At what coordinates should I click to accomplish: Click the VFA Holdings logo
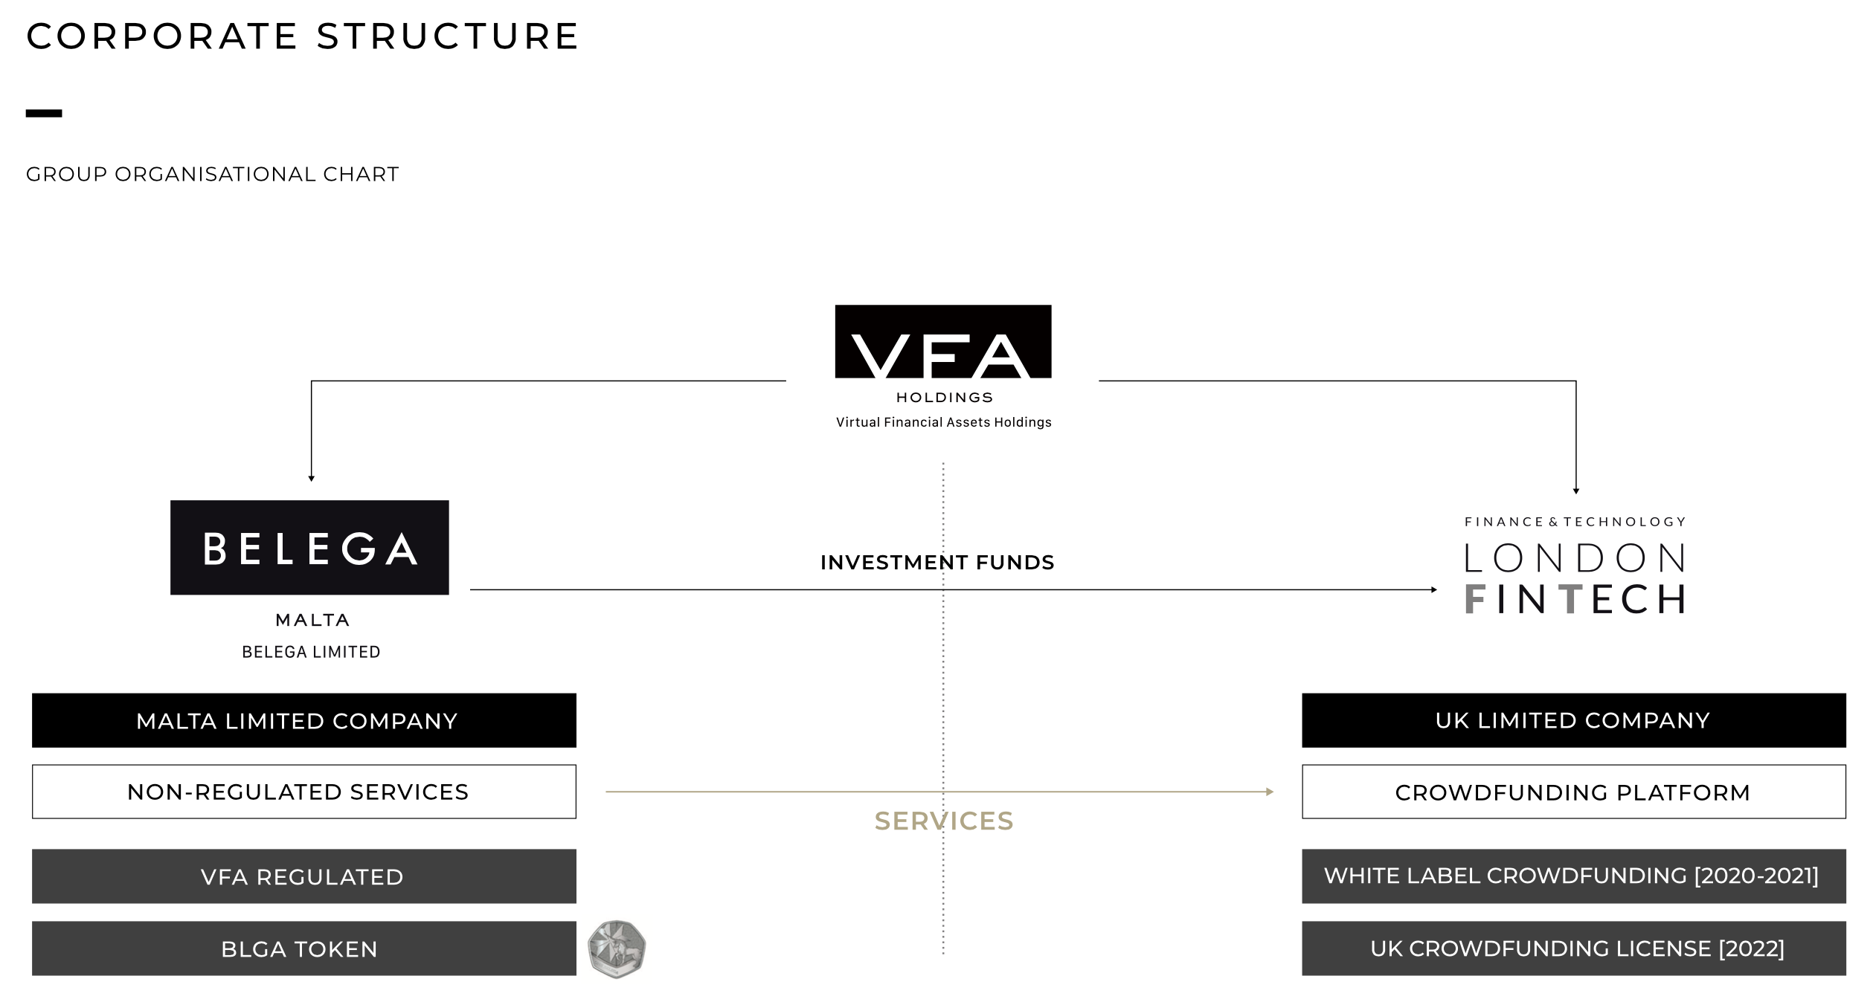[x=943, y=366]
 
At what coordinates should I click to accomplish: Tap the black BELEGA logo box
[x=309, y=547]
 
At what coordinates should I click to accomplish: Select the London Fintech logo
[x=1575, y=566]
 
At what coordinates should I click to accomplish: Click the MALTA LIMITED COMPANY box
[x=304, y=720]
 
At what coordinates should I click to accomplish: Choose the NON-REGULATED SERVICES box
[x=304, y=792]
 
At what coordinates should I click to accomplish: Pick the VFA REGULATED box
[x=304, y=876]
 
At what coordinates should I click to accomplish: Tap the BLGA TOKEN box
[x=304, y=948]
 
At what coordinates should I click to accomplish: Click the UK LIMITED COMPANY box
[x=1574, y=720]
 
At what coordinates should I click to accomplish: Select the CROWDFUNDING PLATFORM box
[x=1574, y=792]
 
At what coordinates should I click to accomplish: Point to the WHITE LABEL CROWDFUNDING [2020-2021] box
[x=1574, y=876]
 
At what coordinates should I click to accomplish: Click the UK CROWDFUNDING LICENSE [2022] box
[x=1574, y=948]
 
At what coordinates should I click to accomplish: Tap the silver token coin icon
[x=617, y=948]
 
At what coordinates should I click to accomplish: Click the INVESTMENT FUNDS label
[x=937, y=563]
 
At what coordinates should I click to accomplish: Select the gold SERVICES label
[x=944, y=821]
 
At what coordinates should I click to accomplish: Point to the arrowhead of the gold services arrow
[x=1270, y=792]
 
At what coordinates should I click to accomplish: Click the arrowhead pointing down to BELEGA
[x=312, y=479]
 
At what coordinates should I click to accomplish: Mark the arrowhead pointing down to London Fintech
[x=1576, y=491]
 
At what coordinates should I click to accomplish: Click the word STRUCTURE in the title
[x=448, y=36]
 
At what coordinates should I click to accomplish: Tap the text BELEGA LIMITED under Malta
[x=311, y=652]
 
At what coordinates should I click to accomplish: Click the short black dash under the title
[x=44, y=114]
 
